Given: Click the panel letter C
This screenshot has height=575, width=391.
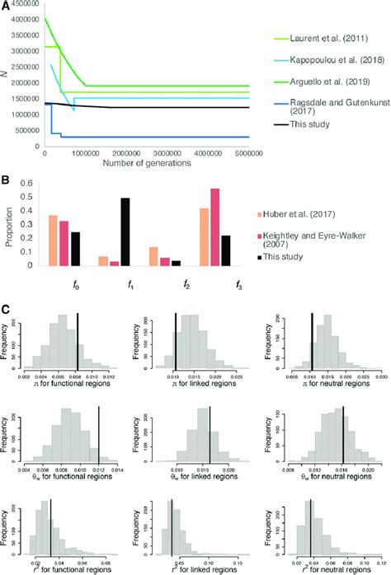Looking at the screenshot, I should coord(7,310).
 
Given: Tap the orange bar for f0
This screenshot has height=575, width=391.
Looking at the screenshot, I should coord(53,241).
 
